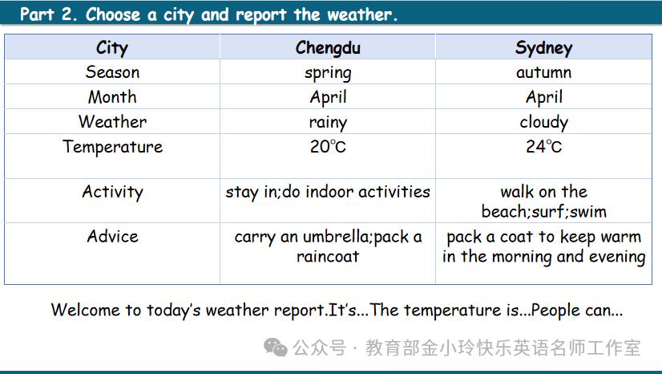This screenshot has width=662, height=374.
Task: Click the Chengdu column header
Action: point(328,48)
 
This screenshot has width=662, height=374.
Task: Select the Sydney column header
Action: point(543,48)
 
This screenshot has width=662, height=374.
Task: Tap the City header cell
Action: point(112,48)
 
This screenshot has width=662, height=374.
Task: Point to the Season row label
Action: point(112,72)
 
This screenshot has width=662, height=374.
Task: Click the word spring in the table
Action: point(328,74)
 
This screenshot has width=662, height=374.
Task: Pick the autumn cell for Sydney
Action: point(543,72)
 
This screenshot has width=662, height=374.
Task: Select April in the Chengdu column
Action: point(328,98)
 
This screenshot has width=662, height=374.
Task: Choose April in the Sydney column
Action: point(543,98)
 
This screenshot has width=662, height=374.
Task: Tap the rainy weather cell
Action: point(328,123)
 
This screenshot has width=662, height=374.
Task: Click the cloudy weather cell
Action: point(543,123)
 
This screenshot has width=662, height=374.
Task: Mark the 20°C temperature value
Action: point(328,147)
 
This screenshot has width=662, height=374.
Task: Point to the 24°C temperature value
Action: point(543,147)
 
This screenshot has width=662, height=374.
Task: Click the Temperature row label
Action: point(112,147)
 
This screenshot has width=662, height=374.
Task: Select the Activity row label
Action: point(112,193)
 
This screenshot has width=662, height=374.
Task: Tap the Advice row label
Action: point(112,236)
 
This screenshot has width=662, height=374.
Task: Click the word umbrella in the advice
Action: point(337,236)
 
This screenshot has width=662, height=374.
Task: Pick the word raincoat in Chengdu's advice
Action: point(328,256)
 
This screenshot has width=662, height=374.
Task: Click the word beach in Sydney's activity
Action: point(505,211)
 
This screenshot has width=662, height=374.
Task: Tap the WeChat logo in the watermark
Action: point(275,348)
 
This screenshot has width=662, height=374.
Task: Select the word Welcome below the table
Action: point(85,310)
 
